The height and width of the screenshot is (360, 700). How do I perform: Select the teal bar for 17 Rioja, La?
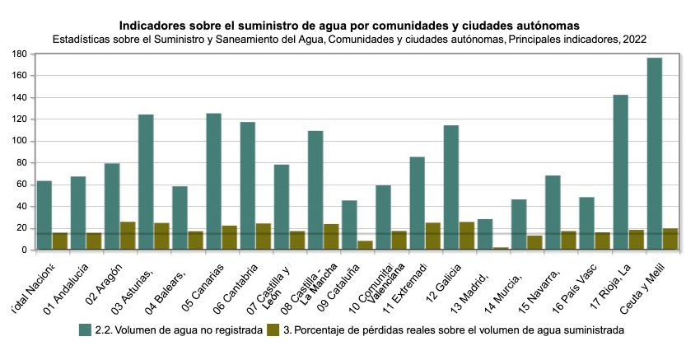click(x=621, y=172)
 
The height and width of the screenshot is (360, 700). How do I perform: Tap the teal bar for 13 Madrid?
click(x=485, y=235)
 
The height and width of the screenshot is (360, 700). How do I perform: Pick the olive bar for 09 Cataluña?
click(x=365, y=245)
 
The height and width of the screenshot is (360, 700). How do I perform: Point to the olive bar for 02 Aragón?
click(x=128, y=236)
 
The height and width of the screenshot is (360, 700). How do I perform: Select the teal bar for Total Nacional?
click(x=44, y=215)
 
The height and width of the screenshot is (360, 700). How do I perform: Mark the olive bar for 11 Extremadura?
click(x=432, y=236)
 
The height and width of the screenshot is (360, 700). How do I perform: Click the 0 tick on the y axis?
click(x=26, y=250)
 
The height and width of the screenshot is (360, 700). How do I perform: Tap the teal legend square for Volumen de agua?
click(x=86, y=330)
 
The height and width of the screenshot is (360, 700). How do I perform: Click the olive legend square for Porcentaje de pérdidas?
click(x=274, y=330)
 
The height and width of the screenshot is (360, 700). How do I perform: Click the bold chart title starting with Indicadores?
click(x=349, y=26)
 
